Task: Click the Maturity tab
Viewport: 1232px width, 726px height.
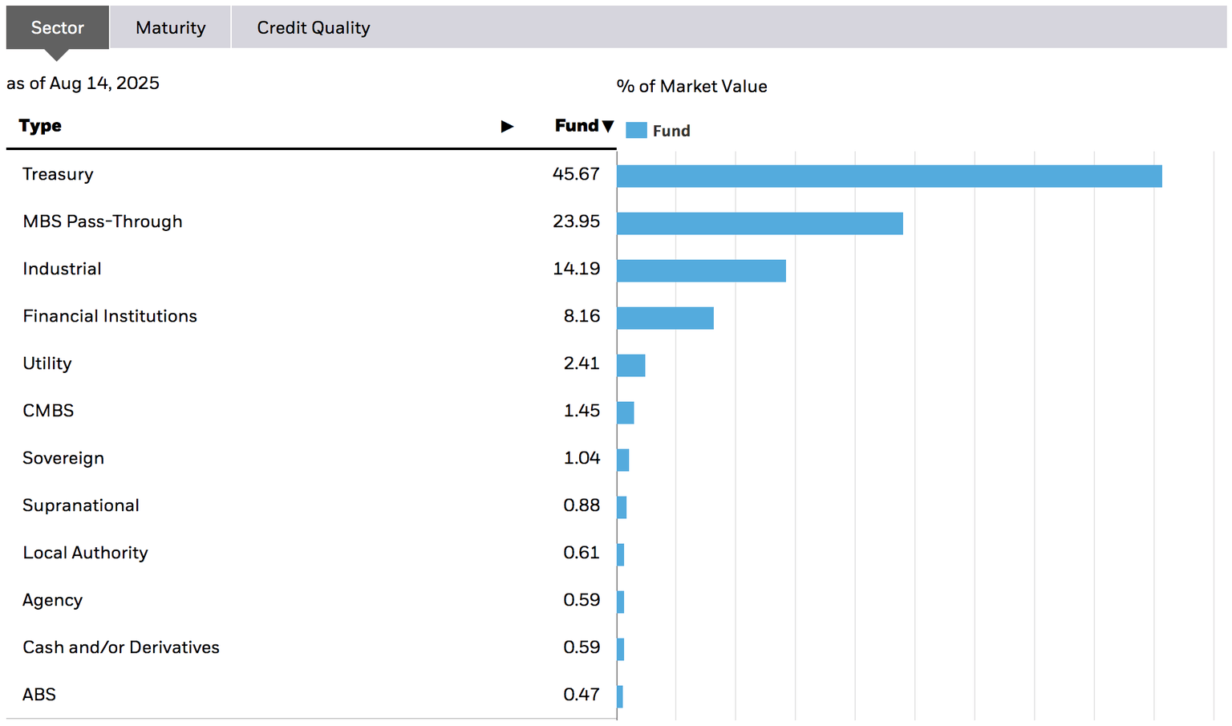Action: (x=170, y=28)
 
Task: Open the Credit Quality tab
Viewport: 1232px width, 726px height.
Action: (x=313, y=28)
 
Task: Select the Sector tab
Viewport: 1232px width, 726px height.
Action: (x=57, y=28)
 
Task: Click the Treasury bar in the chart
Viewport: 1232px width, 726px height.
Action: (x=889, y=176)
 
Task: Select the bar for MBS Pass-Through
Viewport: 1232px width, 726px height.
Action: (x=760, y=224)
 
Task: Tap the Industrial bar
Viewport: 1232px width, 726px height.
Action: (x=701, y=271)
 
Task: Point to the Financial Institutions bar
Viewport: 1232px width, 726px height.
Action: (x=665, y=318)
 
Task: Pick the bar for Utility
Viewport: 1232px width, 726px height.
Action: (x=631, y=366)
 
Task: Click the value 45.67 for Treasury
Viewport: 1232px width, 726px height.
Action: (x=576, y=174)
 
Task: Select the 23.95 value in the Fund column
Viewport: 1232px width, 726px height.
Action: (x=576, y=221)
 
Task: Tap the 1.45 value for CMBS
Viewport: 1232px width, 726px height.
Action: (x=582, y=411)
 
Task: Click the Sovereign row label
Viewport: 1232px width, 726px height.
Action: (x=63, y=458)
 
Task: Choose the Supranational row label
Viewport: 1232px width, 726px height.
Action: (x=81, y=505)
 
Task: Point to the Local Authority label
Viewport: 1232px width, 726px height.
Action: (x=85, y=553)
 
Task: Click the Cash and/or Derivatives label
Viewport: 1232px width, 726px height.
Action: (x=121, y=647)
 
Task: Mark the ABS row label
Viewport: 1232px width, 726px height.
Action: (x=39, y=695)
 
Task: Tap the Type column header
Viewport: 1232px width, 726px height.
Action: (x=40, y=126)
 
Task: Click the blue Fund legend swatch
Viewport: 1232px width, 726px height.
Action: (x=636, y=131)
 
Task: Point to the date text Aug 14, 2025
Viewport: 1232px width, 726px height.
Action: (x=104, y=83)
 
